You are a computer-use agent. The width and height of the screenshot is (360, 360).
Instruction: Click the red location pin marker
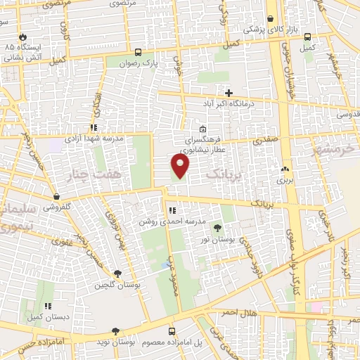click(x=181, y=166)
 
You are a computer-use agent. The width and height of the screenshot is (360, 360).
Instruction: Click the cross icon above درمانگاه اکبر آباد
click(x=229, y=92)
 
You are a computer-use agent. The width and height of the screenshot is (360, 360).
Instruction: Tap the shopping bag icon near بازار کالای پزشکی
click(x=271, y=19)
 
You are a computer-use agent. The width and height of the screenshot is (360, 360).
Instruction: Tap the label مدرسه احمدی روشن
click(x=172, y=221)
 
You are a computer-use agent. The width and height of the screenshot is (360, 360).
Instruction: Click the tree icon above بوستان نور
click(x=217, y=226)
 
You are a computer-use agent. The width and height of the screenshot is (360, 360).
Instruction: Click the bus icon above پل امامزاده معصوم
click(x=172, y=330)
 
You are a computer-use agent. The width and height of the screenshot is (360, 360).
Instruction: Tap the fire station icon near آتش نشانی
click(x=25, y=36)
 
